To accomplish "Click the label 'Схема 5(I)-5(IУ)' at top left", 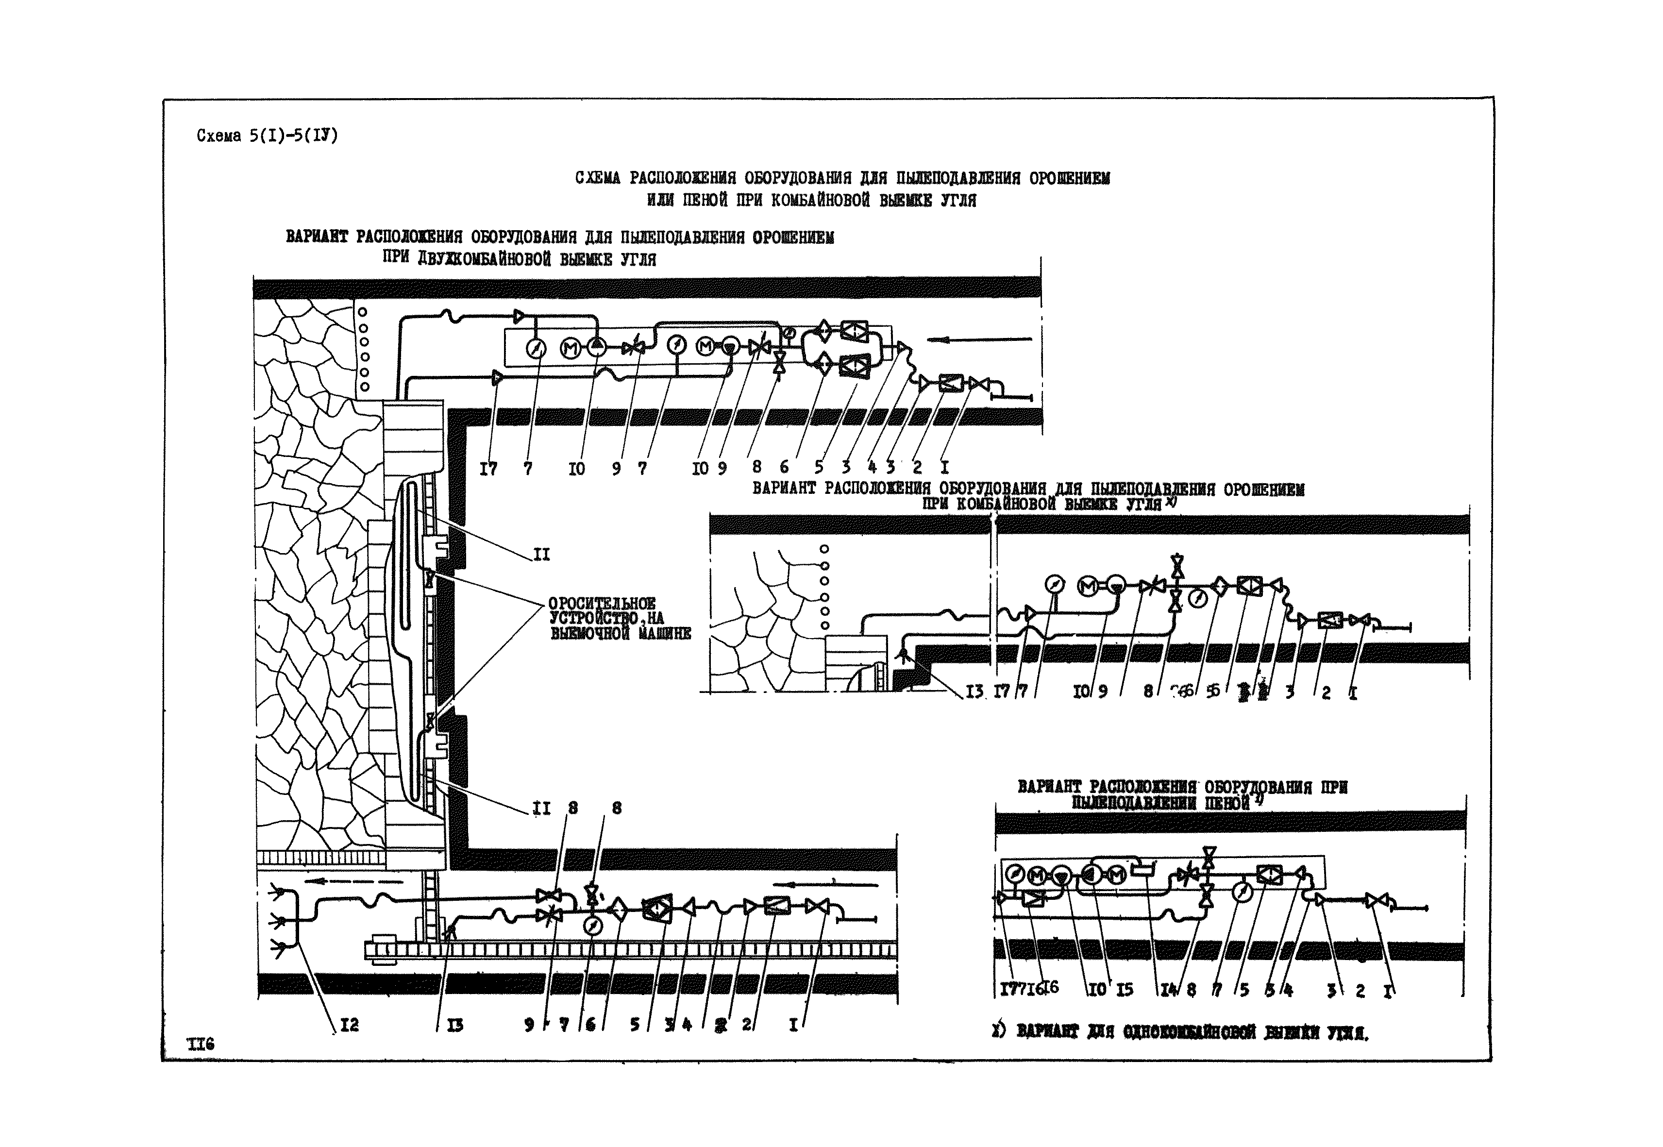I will pyautogui.click(x=267, y=135).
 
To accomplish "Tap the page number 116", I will pyautogui.click(x=201, y=1044).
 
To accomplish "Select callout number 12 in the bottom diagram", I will pyautogui.click(x=349, y=1026).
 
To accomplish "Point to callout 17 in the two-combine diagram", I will pyautogui.click(x=488, y=469).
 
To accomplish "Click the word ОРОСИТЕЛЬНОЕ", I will pyautogui.click(x=602, y=604).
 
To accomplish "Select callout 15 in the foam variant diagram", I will pyautogui.click(x=1124, y=990).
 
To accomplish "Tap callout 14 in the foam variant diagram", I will pyautogui.click(x=1169, y=990).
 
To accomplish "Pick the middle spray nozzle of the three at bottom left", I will pyautogui.click(x=277, y=921).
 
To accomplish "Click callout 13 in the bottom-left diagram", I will pyautogui.click(x=454, y=1026).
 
